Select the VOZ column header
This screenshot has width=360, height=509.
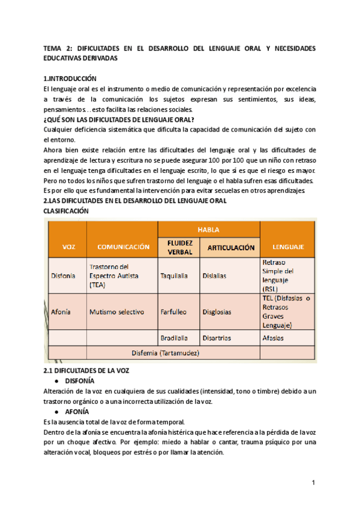point(69,247)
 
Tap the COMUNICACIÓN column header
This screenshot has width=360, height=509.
point(123,247)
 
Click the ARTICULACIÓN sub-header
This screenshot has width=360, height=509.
point(231,247)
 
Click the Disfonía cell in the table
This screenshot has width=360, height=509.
point(63,276)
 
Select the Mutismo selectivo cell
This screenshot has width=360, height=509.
point(117,312)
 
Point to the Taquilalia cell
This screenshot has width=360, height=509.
point(175,276)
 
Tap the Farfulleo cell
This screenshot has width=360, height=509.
point(173,312)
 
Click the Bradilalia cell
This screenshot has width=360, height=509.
point(175,338)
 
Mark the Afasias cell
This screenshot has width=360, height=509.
point(274,338)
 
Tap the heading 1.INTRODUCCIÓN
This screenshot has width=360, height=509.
point(70,79)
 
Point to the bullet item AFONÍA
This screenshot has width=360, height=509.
point(77,412)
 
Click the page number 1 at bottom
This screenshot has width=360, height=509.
point(313,483)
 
